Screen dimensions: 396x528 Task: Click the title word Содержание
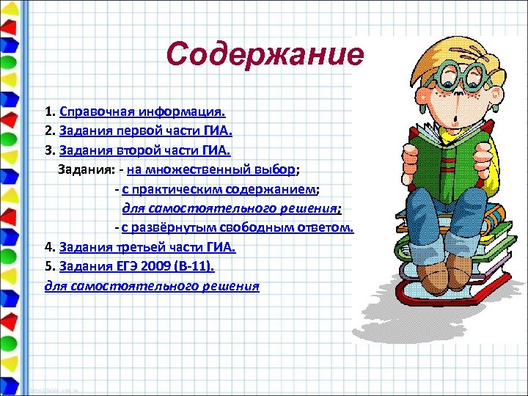click(x=264, y=54)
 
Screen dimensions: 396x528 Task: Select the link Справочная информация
click(x=143, y=113)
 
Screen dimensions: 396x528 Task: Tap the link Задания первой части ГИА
click(x=146, y=132)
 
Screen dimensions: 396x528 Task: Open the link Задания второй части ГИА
click(x=145, y=151)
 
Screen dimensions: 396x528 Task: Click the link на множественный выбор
click(x=211, y=170)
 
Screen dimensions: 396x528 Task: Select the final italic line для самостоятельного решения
click(x=152, y=285)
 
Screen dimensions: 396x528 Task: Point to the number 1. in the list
click(x=49, y=113)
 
